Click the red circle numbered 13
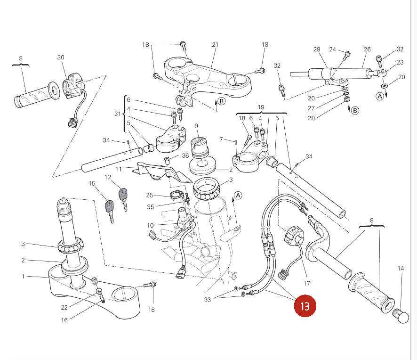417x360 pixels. [305, 306]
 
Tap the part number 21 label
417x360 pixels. [215, 45]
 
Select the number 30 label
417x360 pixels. [61, 57]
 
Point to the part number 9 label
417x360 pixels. [196, 126]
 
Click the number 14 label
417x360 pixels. [401, 269]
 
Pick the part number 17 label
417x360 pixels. [307, 284]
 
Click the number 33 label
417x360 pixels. [208, 300]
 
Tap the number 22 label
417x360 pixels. [64, 308]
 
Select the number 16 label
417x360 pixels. [64, 320]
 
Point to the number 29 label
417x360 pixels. [317, 49]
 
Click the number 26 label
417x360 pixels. [367, 49]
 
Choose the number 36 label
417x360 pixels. [185, 155]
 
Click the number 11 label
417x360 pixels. [119, 169]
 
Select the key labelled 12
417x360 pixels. [123, 199]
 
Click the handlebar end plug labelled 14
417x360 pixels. [401, 316]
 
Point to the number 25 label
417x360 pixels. [150, 195]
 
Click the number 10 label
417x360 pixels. [150, 226]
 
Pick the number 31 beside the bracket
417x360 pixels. [118, 114]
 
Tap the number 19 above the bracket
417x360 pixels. [261, 107]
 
